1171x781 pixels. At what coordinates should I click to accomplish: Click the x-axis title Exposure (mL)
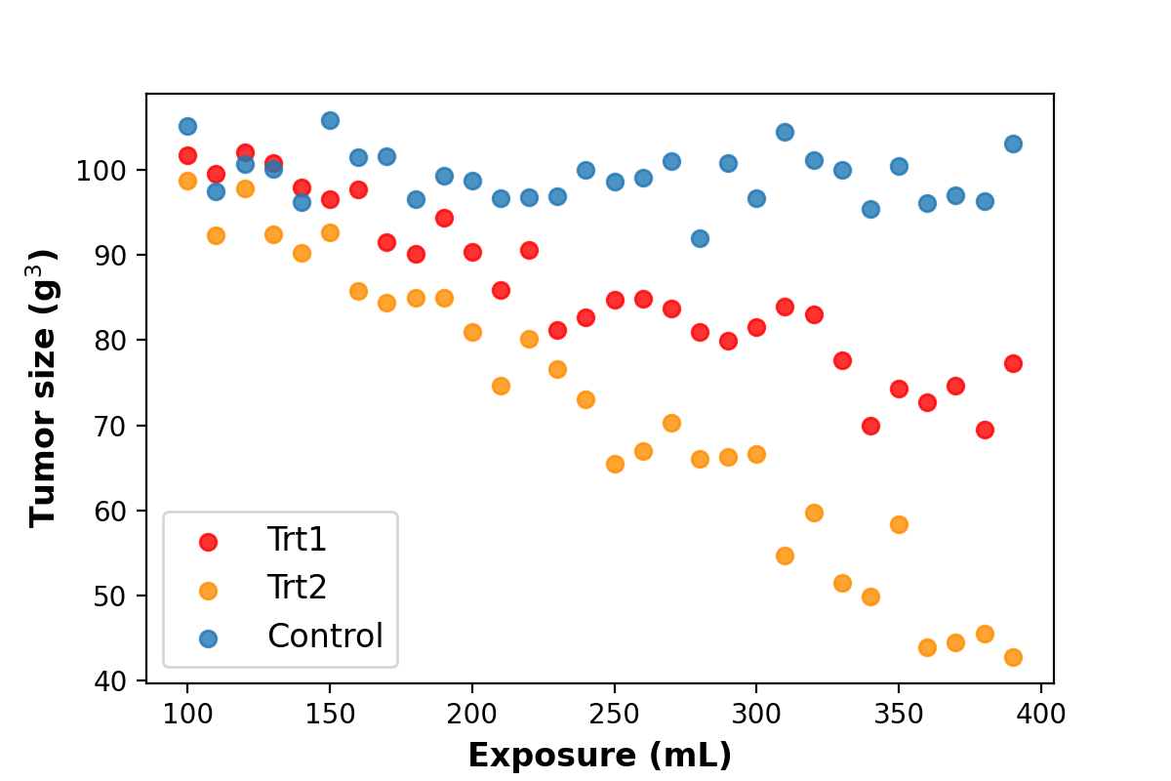[599, 755]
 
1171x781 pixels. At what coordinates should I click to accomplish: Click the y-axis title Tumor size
[45, 388]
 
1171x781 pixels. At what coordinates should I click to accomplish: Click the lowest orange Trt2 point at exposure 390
[1013, 657]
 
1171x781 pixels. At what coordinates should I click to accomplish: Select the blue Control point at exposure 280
[700, 238]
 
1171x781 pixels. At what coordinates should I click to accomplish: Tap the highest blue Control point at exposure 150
[330, 120]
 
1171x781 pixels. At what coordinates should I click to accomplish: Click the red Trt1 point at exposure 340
[870, 426]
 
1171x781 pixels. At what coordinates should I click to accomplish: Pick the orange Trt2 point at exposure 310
[785, 555]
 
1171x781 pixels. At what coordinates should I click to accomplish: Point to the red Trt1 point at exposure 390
[1013, 363]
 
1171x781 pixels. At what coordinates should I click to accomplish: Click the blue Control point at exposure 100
[187, 126]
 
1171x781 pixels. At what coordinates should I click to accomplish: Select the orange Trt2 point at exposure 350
[899, 524]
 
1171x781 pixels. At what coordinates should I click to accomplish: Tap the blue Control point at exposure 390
[1013, 144]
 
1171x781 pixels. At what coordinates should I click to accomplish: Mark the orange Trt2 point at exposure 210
[501, 386]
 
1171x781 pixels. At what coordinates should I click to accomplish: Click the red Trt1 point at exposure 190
[444, 218]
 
